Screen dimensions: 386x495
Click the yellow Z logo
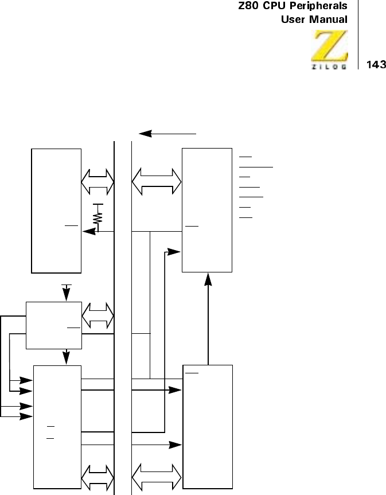[x=329, y=45]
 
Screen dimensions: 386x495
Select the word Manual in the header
[x=327, y=20]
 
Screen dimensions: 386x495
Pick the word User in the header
[x=293, y=20]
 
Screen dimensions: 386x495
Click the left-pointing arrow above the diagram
[x=169, y=134]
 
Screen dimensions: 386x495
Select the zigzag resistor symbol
[x=98, y=217]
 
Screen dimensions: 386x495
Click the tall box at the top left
[x=56, y=210]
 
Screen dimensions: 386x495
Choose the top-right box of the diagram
[x=207, y=209]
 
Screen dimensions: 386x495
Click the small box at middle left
[x=54, y=325]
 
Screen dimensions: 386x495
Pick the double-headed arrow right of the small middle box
[x=98, y=315]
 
